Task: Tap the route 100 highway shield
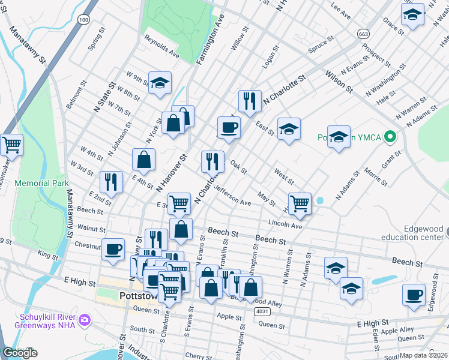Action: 84,20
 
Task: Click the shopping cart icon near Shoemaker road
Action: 11,144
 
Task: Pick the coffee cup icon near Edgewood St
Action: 414,295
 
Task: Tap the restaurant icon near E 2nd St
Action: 111,181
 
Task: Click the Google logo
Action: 20,353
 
